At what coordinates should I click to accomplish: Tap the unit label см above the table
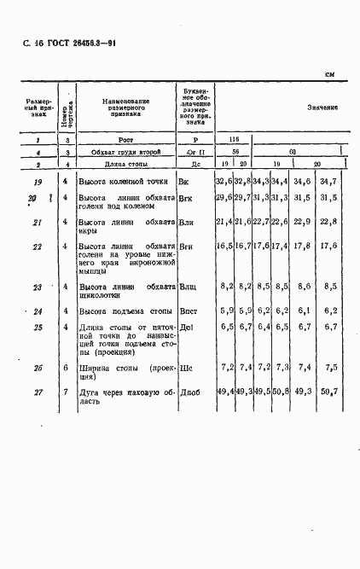pos(330,74)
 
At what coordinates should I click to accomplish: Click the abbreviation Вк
pos(183,182)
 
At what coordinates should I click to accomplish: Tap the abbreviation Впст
pos(189,311)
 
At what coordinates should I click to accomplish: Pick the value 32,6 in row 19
pos(224,182)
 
